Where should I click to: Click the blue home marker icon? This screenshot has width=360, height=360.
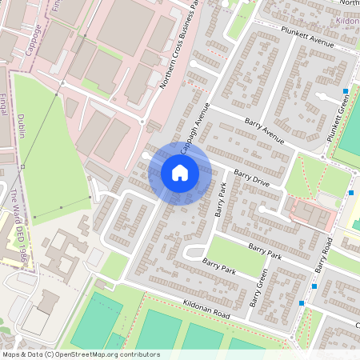click(180, 172)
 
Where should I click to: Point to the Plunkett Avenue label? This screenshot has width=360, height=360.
click(306, 37)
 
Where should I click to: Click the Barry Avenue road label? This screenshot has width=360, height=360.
click(265, 130)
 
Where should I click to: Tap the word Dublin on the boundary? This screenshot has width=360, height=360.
click(22, 125)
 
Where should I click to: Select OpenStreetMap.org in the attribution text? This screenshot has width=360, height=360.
click(89, 353)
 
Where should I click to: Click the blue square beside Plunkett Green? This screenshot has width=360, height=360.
click(346, 91)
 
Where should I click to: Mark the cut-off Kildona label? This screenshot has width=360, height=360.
click(349, 22)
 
